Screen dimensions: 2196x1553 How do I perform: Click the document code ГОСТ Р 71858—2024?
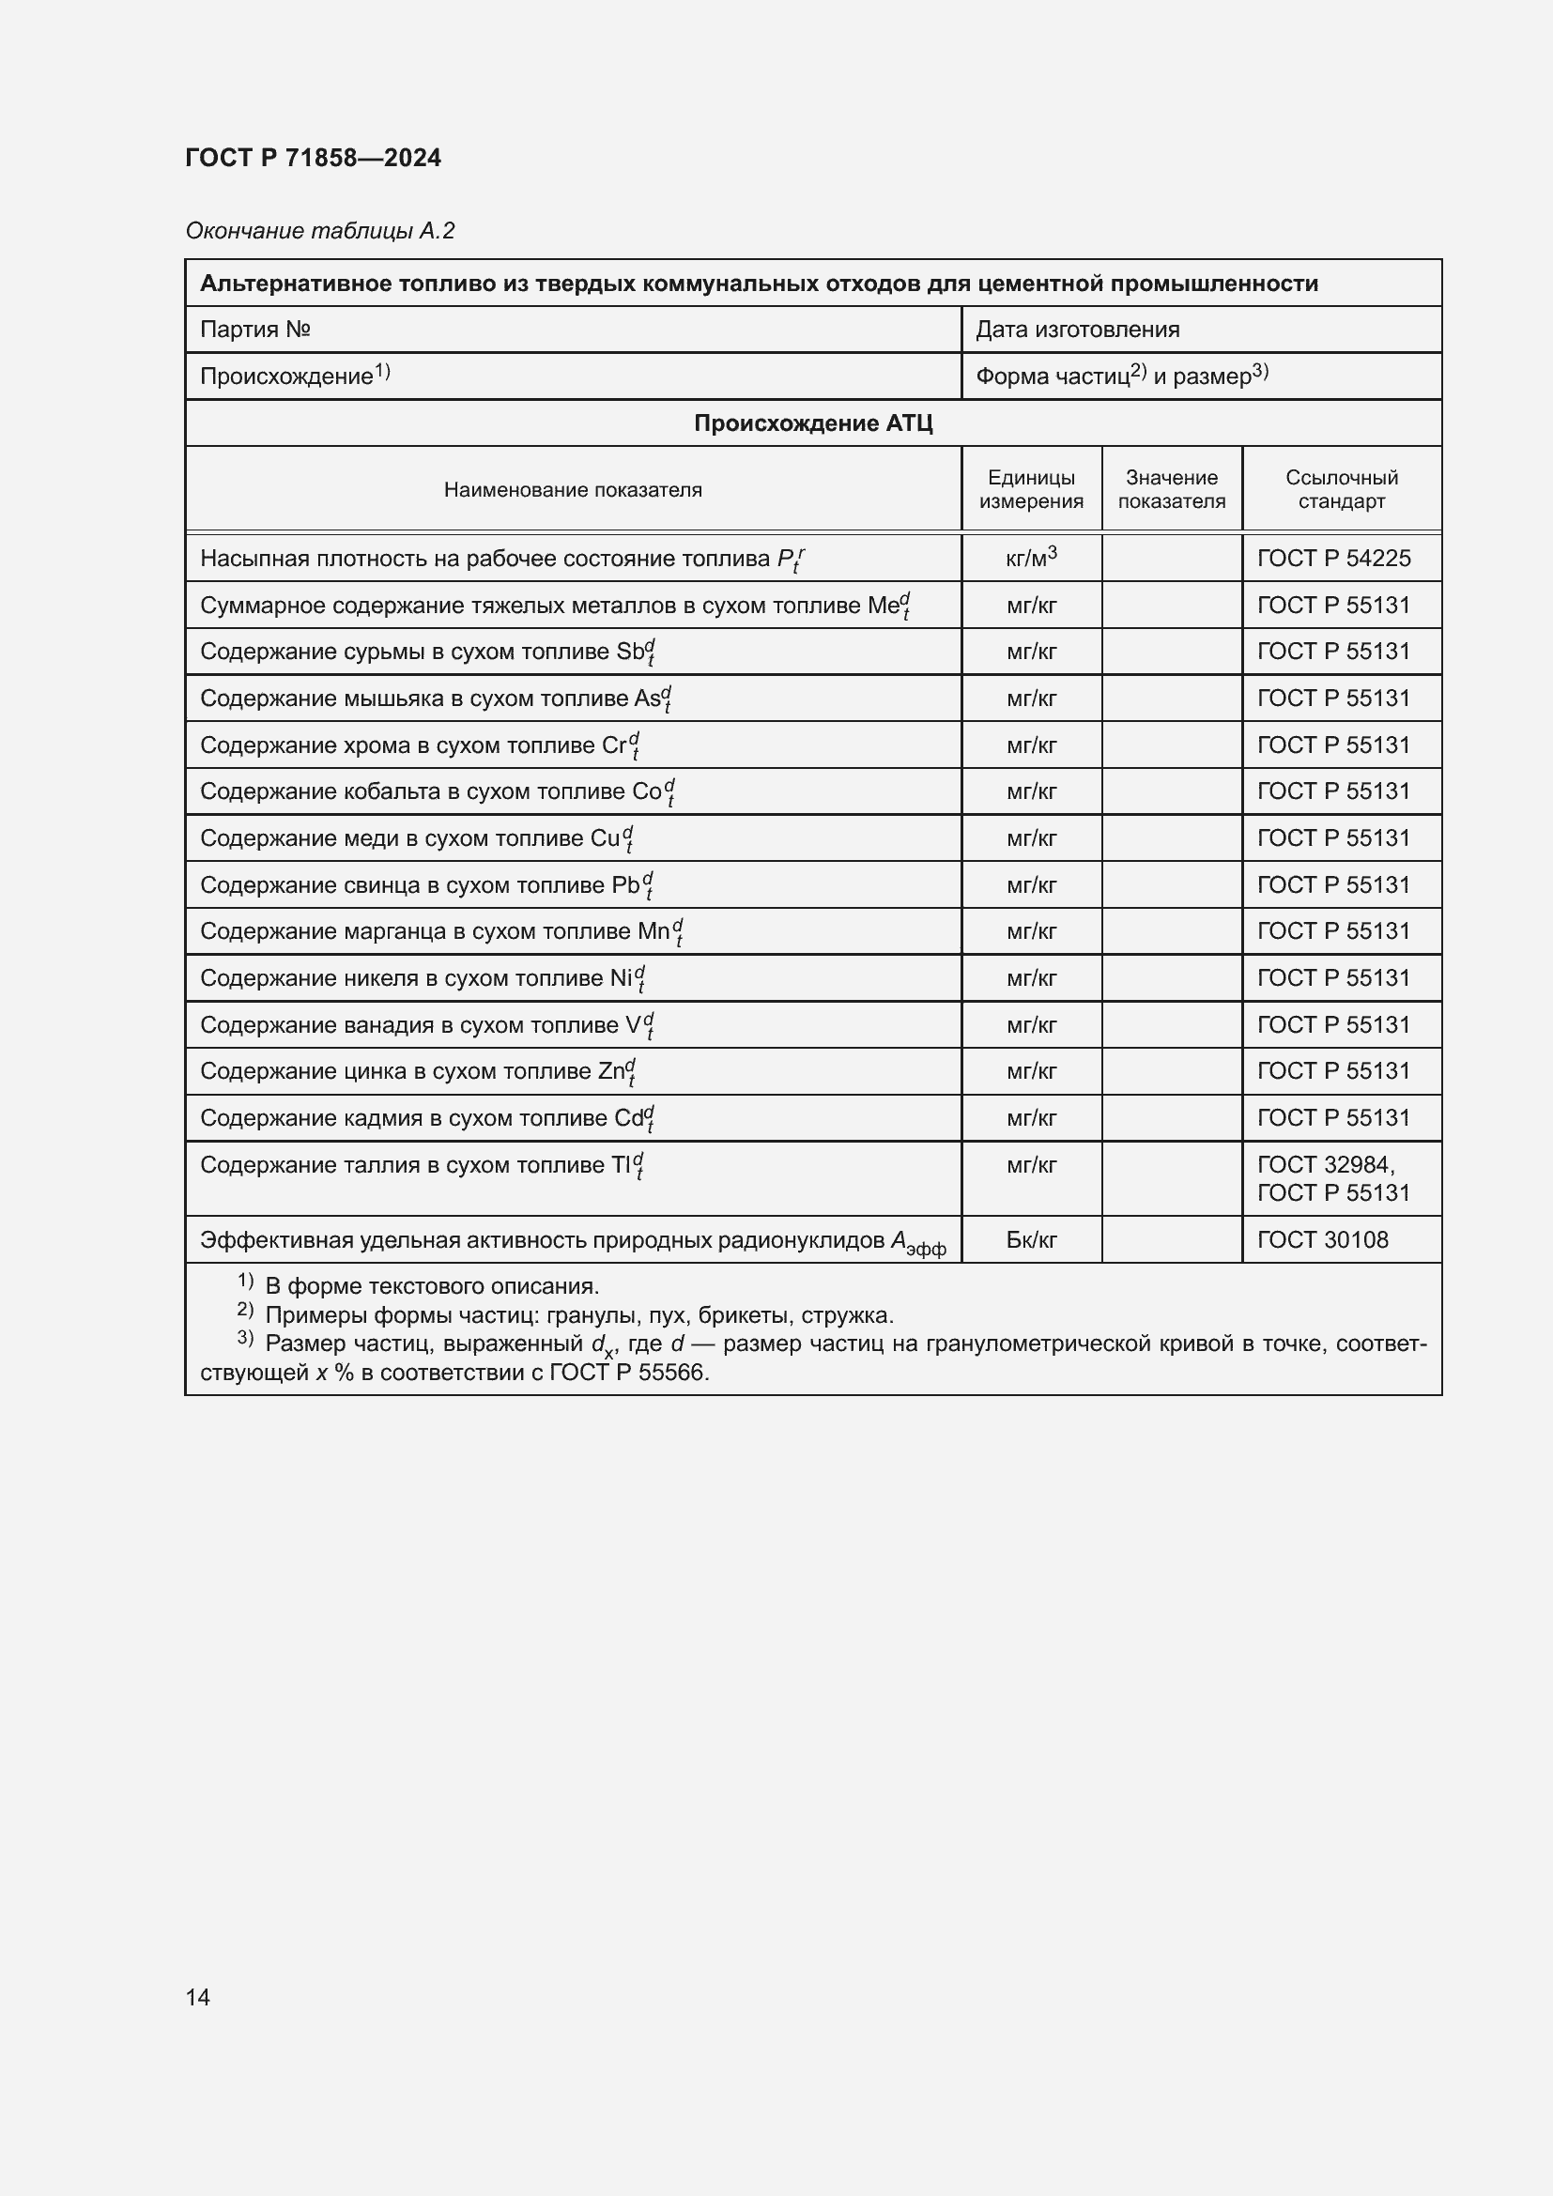[x=313, y=158]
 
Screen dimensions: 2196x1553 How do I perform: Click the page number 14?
[x=198, y=1997]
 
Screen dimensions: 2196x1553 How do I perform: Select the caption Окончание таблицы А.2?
[x=319, y=231]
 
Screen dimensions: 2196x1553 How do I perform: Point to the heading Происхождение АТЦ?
[x=813, y=422]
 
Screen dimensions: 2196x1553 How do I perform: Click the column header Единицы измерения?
[x=1031, y=489]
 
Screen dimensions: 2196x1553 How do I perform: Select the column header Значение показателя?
[x=1172, y=489]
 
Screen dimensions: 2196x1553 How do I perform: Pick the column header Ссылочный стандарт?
[x=1341, y=489]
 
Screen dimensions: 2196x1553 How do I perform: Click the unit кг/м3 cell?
[x=1031, y=558]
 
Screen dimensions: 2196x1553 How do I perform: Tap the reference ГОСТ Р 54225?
[x=1333, y=559]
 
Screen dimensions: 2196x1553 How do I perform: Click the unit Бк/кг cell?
[x=1031, y=1240]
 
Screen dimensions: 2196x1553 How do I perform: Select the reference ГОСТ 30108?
[x=1322, y=1240]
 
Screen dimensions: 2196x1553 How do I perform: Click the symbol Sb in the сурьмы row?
[x=630, y=653]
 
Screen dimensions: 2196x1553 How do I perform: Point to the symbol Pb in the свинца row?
[x=625, y=885]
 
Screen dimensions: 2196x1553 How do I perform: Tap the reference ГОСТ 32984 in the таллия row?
[x=1325, y=1165]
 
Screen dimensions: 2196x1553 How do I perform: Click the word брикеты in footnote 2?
[x=741, y=1315]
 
